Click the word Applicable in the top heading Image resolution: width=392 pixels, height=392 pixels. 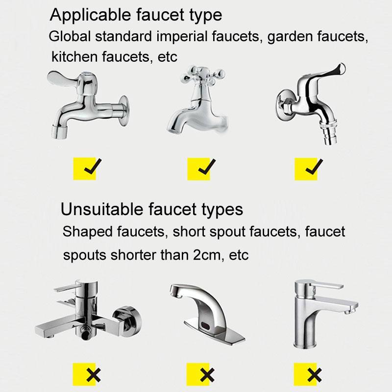click(90, 16)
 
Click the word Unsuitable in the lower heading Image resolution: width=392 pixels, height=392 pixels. click(102, 209)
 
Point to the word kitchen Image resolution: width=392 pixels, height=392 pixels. click(74, 56)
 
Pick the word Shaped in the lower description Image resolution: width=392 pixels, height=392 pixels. click(87, 232)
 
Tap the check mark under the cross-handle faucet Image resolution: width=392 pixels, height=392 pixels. click(207, 167)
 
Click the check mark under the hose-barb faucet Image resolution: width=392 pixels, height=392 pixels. click(314, 167)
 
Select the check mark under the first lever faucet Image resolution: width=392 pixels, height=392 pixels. click(93, 166)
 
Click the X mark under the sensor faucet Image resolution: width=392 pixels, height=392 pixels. click(207, 375)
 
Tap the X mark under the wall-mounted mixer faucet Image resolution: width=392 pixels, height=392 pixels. click(94, 375)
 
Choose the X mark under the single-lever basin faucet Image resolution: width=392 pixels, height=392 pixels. click(315, 375)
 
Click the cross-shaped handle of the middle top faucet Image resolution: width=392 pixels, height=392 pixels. click(202, 75)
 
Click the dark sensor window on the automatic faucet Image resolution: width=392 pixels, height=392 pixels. click(205, 326)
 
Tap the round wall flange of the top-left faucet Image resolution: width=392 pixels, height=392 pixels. click(123, 110)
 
